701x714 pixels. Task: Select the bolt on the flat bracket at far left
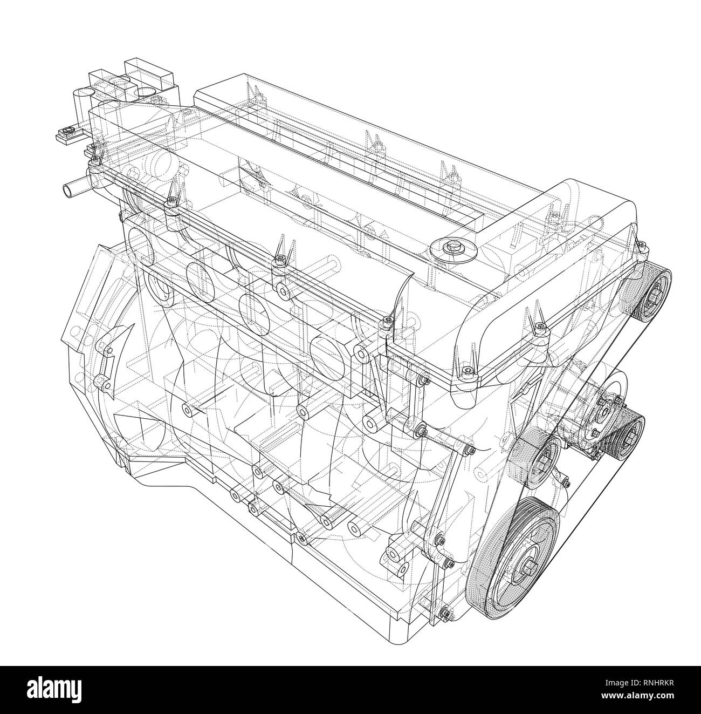tap(67, 131)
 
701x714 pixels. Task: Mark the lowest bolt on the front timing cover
tap(446, 613)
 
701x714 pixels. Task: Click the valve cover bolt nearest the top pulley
tap(642, 247)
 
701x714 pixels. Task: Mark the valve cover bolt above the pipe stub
tap(95, 159)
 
